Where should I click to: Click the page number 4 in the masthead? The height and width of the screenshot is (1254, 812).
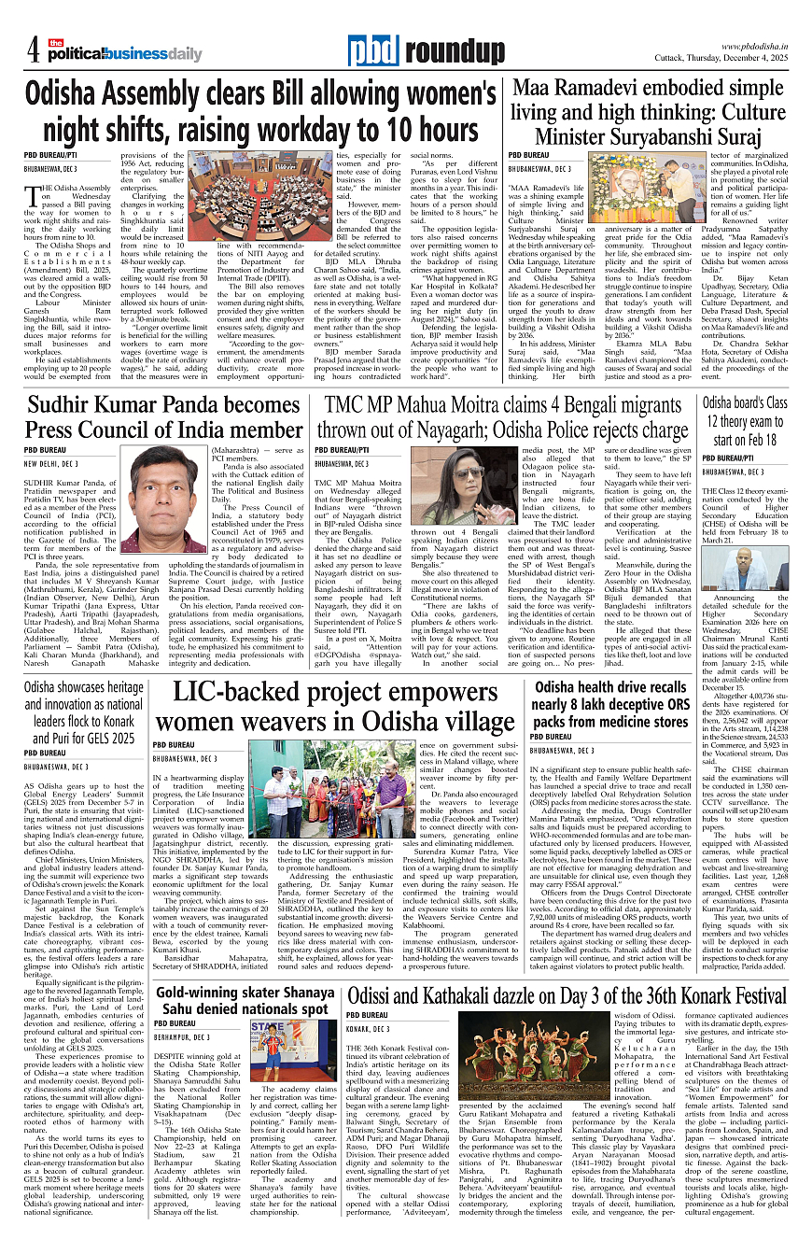point(34,47)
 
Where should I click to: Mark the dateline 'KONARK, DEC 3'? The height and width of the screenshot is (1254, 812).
point(372,1028)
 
